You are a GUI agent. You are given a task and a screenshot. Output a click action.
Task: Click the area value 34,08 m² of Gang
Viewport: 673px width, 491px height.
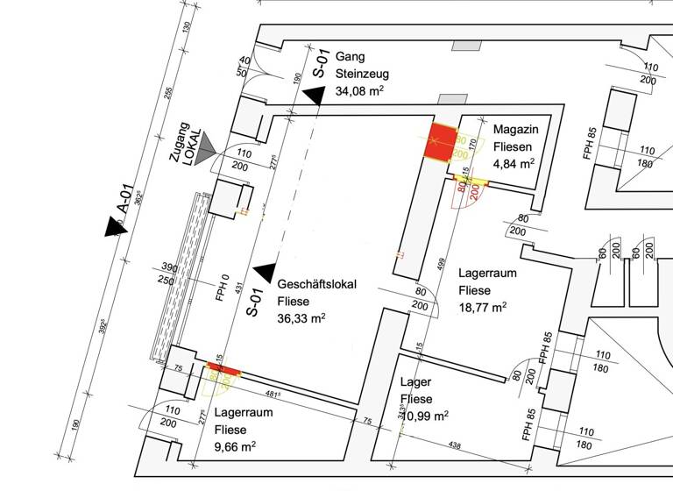(x=359, y=90)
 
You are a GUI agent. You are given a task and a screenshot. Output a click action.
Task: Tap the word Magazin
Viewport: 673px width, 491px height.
(x=514, y=129)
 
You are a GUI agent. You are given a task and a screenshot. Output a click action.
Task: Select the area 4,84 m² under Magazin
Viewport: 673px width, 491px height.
(x=514, y=162)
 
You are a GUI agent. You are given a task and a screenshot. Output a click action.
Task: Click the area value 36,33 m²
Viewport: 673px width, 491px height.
(x=301, y=318)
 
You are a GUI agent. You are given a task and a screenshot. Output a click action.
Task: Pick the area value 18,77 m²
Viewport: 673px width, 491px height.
(x=483, y=307)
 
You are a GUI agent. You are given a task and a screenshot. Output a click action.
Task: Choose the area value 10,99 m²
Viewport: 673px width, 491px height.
(x=423, y=416)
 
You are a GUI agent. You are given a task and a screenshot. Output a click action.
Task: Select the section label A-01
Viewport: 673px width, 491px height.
(x=124, y=198)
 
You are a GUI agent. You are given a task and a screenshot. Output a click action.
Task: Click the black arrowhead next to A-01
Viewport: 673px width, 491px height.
(x=114, y=227)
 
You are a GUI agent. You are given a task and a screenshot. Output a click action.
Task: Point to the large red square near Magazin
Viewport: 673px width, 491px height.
(x=442, y=142)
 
